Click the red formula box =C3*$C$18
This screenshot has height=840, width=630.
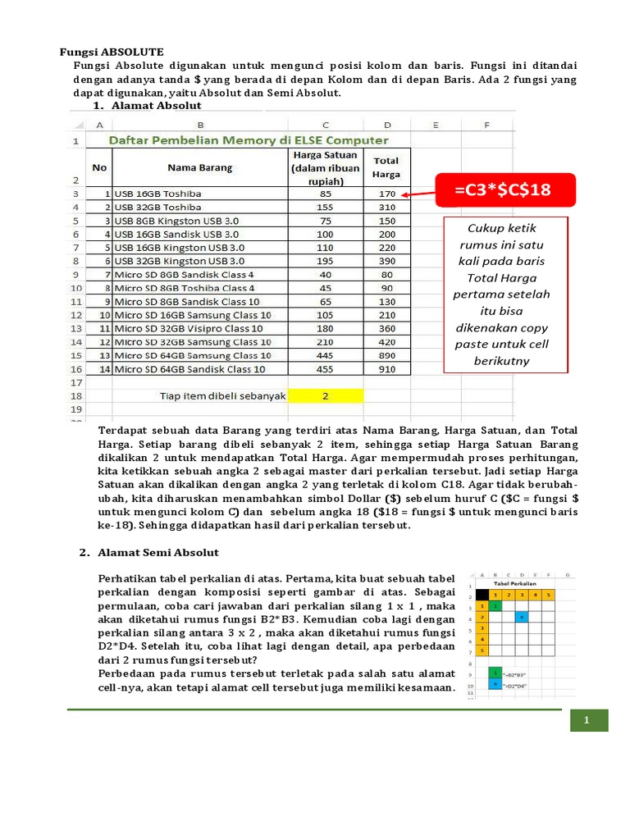tap(502, 191)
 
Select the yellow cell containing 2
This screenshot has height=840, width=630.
tap(325, 395)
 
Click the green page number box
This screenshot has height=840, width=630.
tap(587, 720)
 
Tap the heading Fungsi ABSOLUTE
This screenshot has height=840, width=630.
tap(112, 52)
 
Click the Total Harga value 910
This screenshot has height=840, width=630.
tap(387, 369)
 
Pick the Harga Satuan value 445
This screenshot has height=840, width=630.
tap(326, 355)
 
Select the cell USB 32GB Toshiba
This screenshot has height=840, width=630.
tap(158, 208)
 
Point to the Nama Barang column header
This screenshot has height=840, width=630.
tap(199, 167)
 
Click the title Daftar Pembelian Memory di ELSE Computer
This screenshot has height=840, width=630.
tap(249, 141)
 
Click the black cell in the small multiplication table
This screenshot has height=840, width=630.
tap(482, 595)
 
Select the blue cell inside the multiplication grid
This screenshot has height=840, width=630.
tap(522, 616)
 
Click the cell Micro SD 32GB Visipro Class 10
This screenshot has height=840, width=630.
tap(194, 328)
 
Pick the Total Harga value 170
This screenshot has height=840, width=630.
tap(387, 194)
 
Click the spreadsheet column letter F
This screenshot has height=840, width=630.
tap(486, 125)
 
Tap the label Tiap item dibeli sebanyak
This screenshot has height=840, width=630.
tap(222, 395)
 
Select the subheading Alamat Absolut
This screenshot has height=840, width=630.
tap(156, 106)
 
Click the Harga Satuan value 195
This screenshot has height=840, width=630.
tap(326, 261)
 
